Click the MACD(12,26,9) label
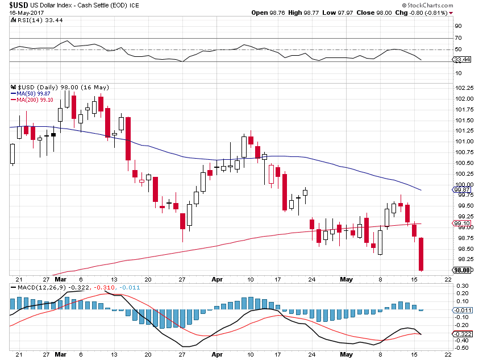point(39,288)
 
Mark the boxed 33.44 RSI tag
point(463,59)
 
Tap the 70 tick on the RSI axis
point(457,38)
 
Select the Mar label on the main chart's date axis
point(61,280)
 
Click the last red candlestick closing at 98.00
point(422,254)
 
